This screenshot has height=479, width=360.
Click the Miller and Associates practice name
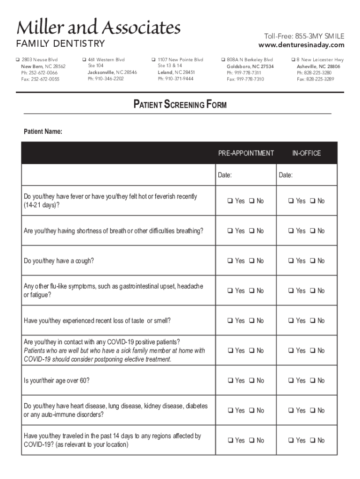tap(99, 28)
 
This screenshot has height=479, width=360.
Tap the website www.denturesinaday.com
tap(301, 45)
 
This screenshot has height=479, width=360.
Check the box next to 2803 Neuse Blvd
tap(18, 60)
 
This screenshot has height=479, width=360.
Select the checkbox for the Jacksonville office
tap(84, 60)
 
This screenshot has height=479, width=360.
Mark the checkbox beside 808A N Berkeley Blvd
tap(223, 60)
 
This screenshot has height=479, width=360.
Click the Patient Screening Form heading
tap(180, 105)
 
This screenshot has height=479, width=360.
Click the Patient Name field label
tap(43, 131)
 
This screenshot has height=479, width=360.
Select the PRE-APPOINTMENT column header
tap(246, 153)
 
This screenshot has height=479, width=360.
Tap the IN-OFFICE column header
tap(306, 153)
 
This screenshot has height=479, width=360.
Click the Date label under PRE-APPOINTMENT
tap(225, 175)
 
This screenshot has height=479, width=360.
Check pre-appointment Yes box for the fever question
tap(230, 201)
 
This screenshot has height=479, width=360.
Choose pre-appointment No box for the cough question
tap(252, 261)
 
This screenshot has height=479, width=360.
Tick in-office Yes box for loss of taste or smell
tap(291, 321)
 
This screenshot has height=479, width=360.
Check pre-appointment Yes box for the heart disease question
tap(230, 411)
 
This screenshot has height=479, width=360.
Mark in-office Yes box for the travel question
tap(291, 441)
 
